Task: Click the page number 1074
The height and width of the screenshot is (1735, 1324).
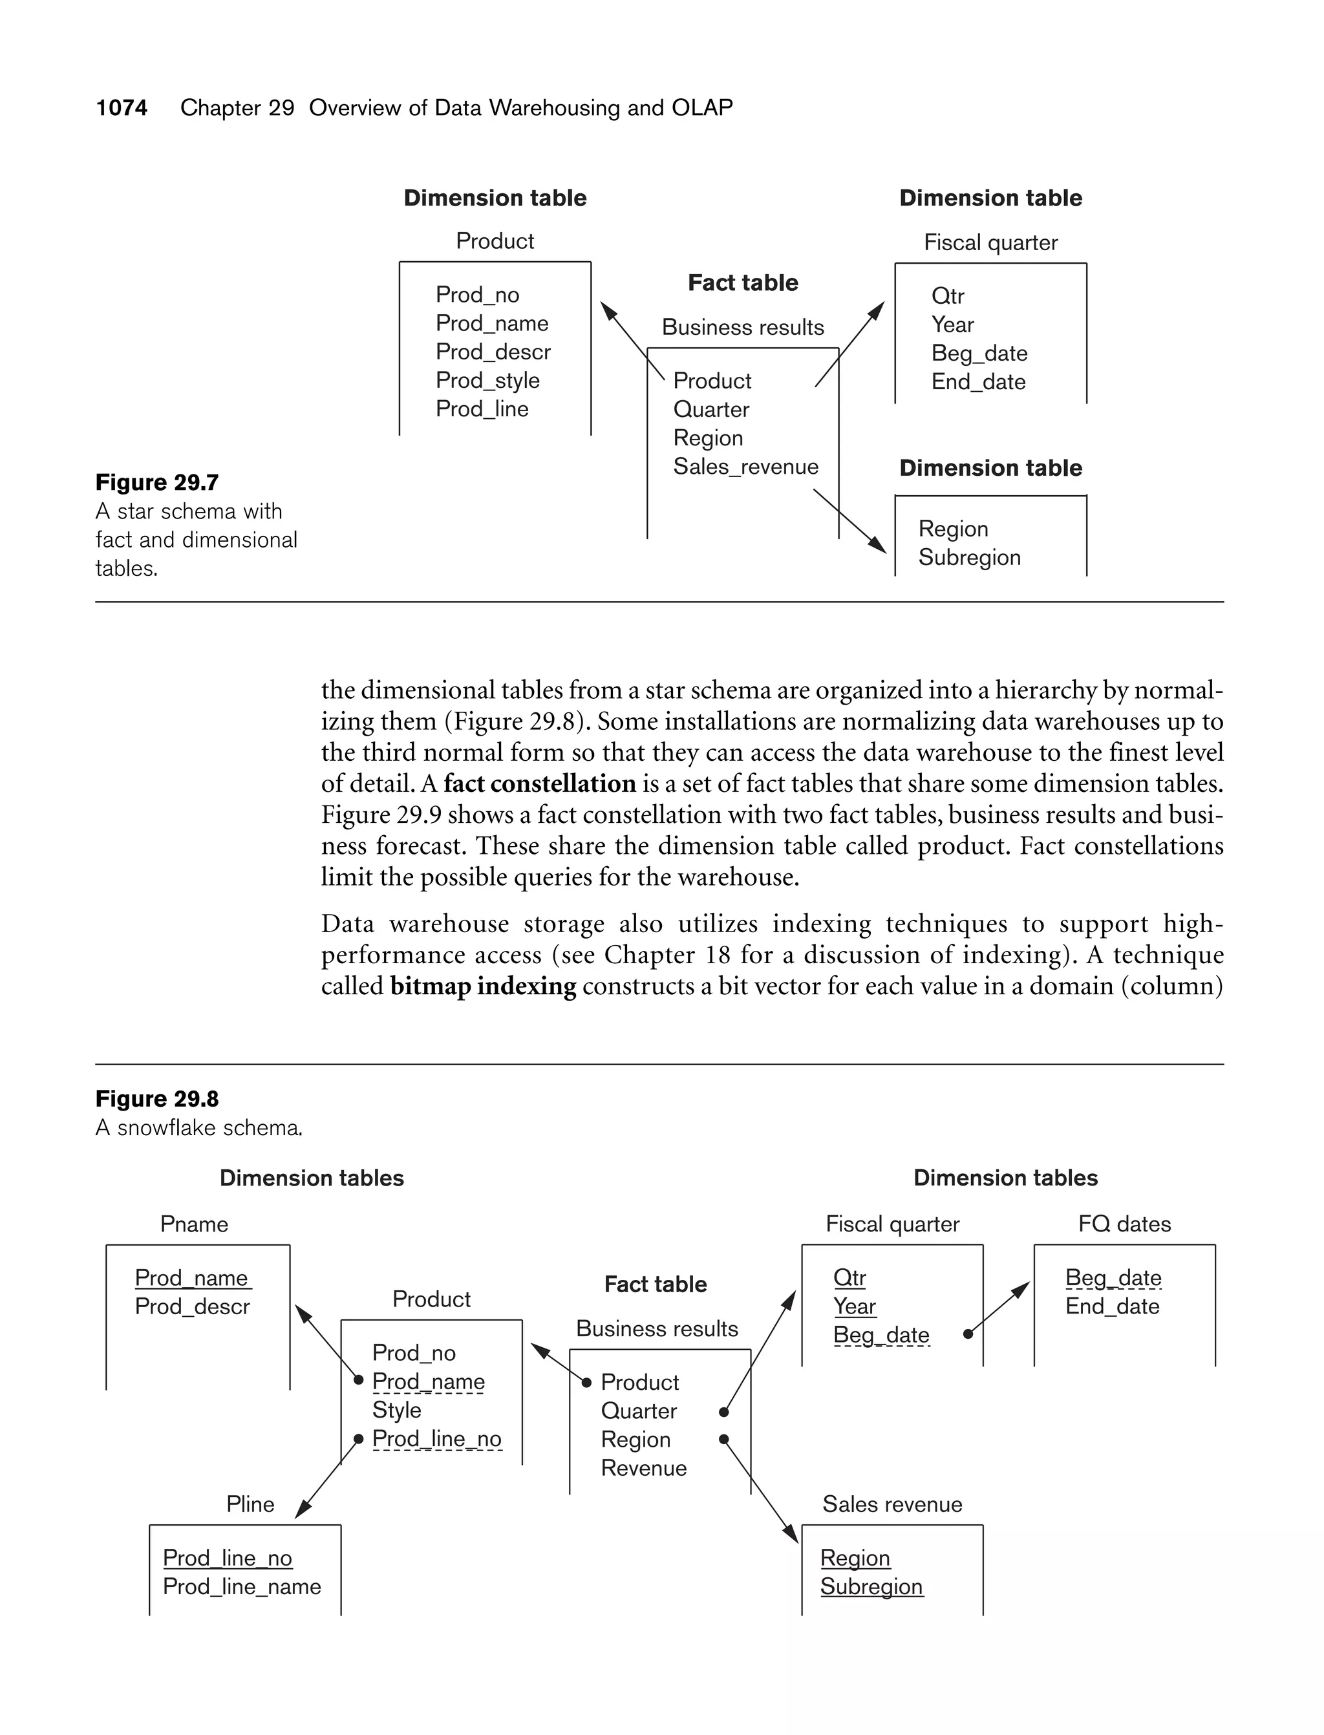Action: (x=122, y=108)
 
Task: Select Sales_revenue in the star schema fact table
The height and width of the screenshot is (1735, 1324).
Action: (x=745, y=467)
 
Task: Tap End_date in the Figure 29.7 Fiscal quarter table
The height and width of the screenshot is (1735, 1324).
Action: (x=978, y=382)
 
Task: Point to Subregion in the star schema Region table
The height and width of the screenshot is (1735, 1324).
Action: (x=968, y=558)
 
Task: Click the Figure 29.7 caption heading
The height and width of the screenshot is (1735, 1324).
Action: (x=157, y=482)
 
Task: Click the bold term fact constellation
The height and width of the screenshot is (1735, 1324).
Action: (x=539, y=783)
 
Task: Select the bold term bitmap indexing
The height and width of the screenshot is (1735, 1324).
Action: (x=482, y=986)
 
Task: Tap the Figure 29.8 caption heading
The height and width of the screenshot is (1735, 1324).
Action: (x=157, y=1098)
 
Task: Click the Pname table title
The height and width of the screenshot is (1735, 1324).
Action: (x=194, y=1224)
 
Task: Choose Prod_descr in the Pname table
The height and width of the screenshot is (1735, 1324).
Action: (x=191, y=1306)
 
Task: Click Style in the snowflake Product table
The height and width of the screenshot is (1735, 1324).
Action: (x=396, y=1410)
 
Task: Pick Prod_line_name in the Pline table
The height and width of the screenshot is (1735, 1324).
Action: (x=241, y=1586)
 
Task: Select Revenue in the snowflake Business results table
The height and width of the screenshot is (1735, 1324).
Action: (x=643, y=1468)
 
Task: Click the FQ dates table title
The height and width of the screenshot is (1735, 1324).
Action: (x=1124, y=1224)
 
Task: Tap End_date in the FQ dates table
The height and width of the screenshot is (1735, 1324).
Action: (x=1112, y=1306)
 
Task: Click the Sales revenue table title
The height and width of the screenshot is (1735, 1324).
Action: (x=892, y=1504)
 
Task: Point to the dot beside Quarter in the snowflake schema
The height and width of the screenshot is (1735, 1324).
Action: (x=723, y=1412)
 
